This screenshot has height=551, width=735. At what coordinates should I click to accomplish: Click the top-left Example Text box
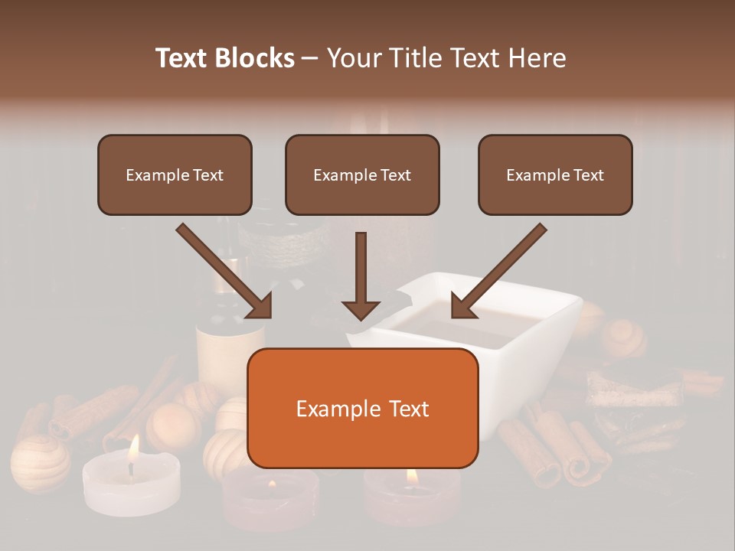pos(175,175)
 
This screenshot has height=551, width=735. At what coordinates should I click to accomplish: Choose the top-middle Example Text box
pos(362,175)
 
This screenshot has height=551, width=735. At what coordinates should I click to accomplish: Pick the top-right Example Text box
pos(555,175)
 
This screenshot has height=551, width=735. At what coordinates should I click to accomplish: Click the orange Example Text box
pos(362,409)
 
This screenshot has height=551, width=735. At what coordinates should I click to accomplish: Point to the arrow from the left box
pos(226,272)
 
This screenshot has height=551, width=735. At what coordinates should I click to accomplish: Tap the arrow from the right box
pos(498,272)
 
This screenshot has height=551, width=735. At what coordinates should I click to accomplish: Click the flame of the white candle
pos(133,448)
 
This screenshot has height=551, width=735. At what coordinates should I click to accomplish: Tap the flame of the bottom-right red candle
pos(411,477)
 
